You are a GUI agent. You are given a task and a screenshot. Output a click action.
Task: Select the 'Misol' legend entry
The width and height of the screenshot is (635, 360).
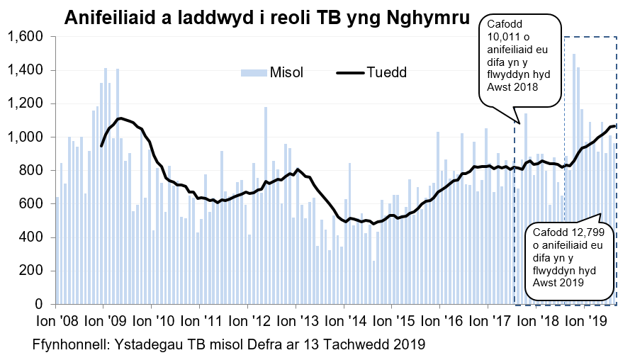point(286,72)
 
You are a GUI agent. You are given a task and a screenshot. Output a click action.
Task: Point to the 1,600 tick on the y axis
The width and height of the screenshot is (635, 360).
point(26,37)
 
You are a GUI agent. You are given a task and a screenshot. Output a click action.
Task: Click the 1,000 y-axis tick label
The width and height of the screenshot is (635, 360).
point(26,137)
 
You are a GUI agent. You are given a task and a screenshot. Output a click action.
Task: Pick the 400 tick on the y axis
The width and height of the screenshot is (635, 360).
point(33,237)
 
